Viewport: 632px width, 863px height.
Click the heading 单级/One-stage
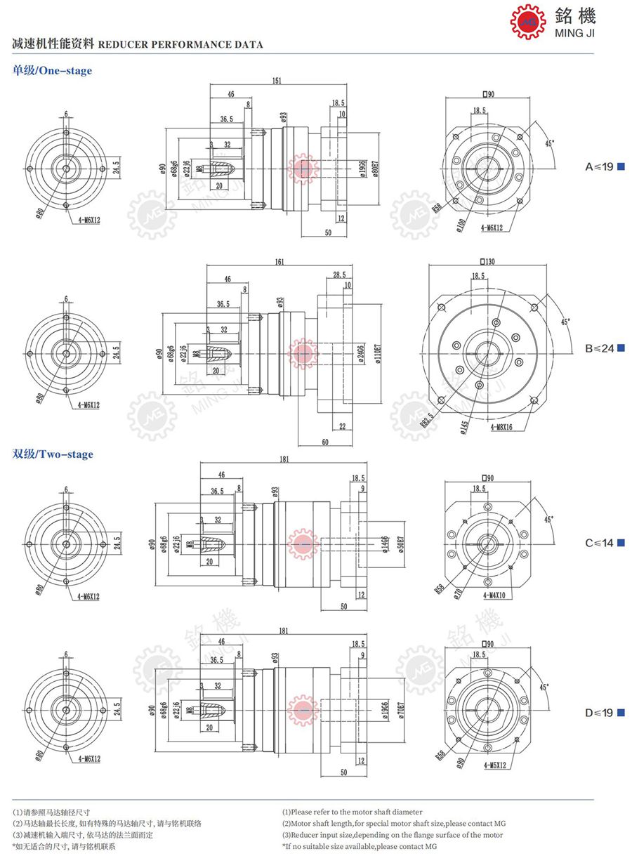click(52, 70)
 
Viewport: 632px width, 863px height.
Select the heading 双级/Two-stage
click(53, 454)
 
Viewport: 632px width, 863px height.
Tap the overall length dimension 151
click(277, 81)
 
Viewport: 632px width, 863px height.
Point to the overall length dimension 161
click(279, 262)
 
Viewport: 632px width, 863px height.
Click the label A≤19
click(600, 166)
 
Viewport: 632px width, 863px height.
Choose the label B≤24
click(600, 348)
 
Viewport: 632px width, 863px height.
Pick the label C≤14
click(600, 543)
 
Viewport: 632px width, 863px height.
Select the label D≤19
click(600, 713)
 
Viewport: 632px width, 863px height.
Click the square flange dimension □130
click(485, 261)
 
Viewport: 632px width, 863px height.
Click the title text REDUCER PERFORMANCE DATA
click(180, 45)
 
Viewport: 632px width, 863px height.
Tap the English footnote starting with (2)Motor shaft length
click(393, 824)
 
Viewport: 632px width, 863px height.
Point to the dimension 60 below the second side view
click(324, 442)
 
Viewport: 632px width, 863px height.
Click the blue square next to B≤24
click(621, 348)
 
